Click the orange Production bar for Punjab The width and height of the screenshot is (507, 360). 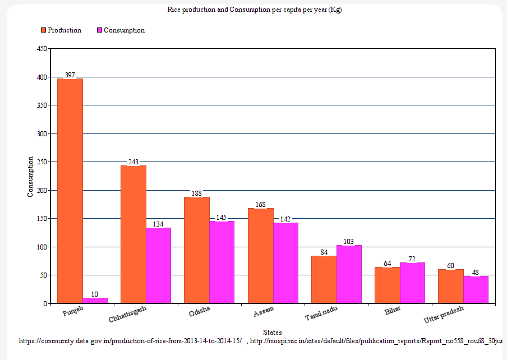[x=70, y=191]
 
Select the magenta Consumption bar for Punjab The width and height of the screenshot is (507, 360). [x=95, y=301]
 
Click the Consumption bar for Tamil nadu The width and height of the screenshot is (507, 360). [x=349, y=274]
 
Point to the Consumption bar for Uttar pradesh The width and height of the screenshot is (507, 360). [x=476, y=289]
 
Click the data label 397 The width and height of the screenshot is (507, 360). [x=70, y=75]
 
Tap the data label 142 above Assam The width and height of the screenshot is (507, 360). [x=285, y=219]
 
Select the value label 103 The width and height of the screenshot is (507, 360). [x=349, y=241]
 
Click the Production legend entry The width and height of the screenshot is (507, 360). [x=61, y=30]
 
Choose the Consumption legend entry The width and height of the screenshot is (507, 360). [x=121, y=30]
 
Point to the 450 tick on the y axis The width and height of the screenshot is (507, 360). [x=42, y=49]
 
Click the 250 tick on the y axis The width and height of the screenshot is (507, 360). [x=42, y=162]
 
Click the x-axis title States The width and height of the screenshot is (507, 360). [x=272, y=333]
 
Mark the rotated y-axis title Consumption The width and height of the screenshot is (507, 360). [x=31, y=176]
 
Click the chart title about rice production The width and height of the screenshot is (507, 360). [x=254, y=10]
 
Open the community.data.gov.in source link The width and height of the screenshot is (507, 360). [x=130, y=340]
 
